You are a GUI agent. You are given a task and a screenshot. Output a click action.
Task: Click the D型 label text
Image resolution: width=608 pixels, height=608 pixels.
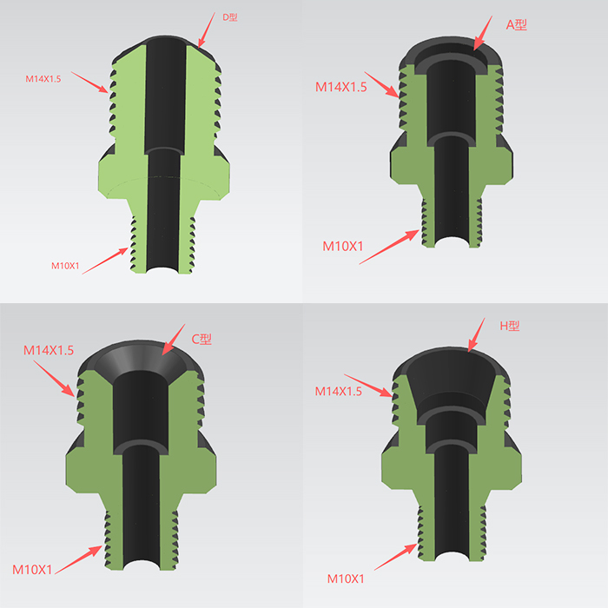pos(229,17)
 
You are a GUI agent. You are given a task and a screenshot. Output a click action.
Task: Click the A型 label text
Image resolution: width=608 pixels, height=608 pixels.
pos(516,25)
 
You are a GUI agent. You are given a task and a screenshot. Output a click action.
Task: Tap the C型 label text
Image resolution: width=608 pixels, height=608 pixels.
pos(202,340)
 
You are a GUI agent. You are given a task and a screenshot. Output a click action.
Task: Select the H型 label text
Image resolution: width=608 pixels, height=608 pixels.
pos(510,326)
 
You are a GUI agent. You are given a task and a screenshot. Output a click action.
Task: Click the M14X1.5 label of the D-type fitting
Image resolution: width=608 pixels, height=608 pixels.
pos(43,79)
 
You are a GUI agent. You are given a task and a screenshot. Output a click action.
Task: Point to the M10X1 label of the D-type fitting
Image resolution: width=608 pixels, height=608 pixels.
pos(65,266)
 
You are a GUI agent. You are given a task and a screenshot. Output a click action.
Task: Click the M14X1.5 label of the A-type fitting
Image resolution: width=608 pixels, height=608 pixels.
pos(340,87)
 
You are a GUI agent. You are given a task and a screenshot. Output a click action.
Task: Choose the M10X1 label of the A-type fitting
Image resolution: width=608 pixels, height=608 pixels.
pos(343,246)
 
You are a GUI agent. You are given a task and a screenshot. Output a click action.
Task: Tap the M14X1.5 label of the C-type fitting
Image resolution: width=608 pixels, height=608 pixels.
pos(49,350)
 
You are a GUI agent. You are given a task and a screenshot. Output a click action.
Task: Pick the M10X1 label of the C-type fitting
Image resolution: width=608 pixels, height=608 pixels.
pos(32,570)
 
